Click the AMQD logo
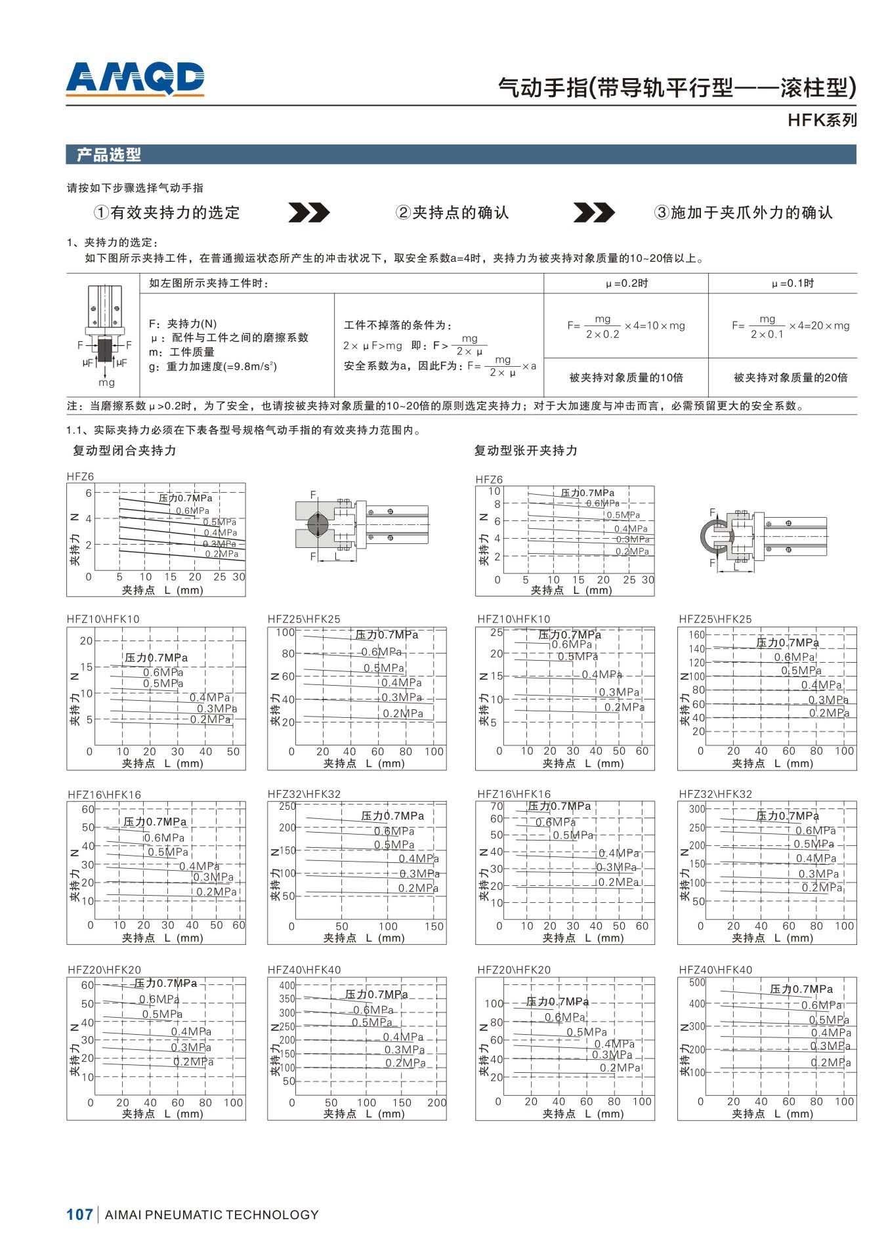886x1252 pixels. tap(135, 79)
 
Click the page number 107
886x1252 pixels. tap(79, 1215)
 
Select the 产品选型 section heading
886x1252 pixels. tap(109, 155)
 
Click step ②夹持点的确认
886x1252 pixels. tap(452, 213)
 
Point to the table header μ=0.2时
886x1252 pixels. tap(626, 283)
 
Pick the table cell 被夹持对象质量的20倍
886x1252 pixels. tap(790, 377)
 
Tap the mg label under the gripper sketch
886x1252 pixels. tap(106, 382)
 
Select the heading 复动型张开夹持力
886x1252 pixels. tap(526, 451)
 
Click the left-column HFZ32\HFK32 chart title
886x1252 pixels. tap(304, 794)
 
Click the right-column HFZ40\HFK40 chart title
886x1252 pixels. tap(715, 970)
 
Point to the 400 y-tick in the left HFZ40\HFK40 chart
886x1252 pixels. tap(287, 986)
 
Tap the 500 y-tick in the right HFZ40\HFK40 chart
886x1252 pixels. tap(696, 982)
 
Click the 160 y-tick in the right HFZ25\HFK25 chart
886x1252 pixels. tap(696, 635)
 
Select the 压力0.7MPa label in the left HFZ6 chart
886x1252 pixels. tap(185, 499)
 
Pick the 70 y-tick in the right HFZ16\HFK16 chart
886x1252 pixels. tap(496, 806)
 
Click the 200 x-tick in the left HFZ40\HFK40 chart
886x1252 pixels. tap(436, 1102)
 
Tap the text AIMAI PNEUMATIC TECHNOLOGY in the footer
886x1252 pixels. tap(212, 1215)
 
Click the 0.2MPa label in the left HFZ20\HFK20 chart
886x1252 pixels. tap(194, 1062)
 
